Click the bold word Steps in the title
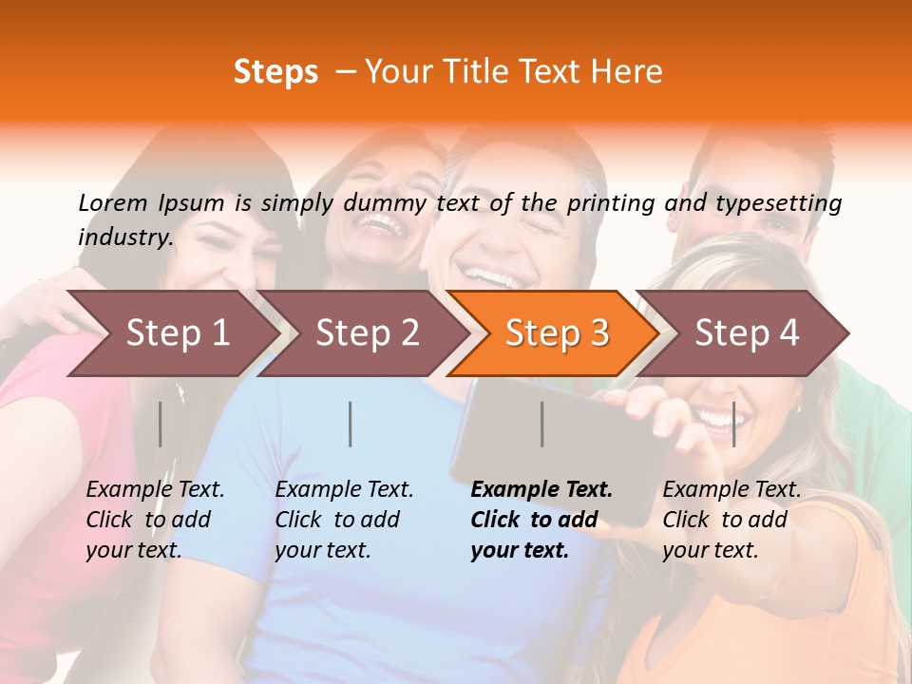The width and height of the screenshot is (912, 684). coord(275,72)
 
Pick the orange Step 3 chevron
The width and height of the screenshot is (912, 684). coord(557,332)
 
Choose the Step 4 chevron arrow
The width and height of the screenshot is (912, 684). coord(747,332)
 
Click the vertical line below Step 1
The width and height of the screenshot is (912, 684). coord(161,424)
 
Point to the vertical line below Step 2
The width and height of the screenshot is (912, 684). coord(351,424)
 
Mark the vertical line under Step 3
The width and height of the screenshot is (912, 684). coord(541,424)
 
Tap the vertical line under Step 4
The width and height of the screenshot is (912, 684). coord(733,424)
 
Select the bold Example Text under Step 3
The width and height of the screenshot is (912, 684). coord(541,520)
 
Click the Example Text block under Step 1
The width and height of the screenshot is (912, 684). coord(155,520)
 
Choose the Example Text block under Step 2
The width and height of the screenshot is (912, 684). coord(344,520)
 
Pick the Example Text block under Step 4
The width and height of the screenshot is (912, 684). coord(731,520)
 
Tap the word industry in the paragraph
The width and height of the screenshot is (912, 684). coord(124,237)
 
